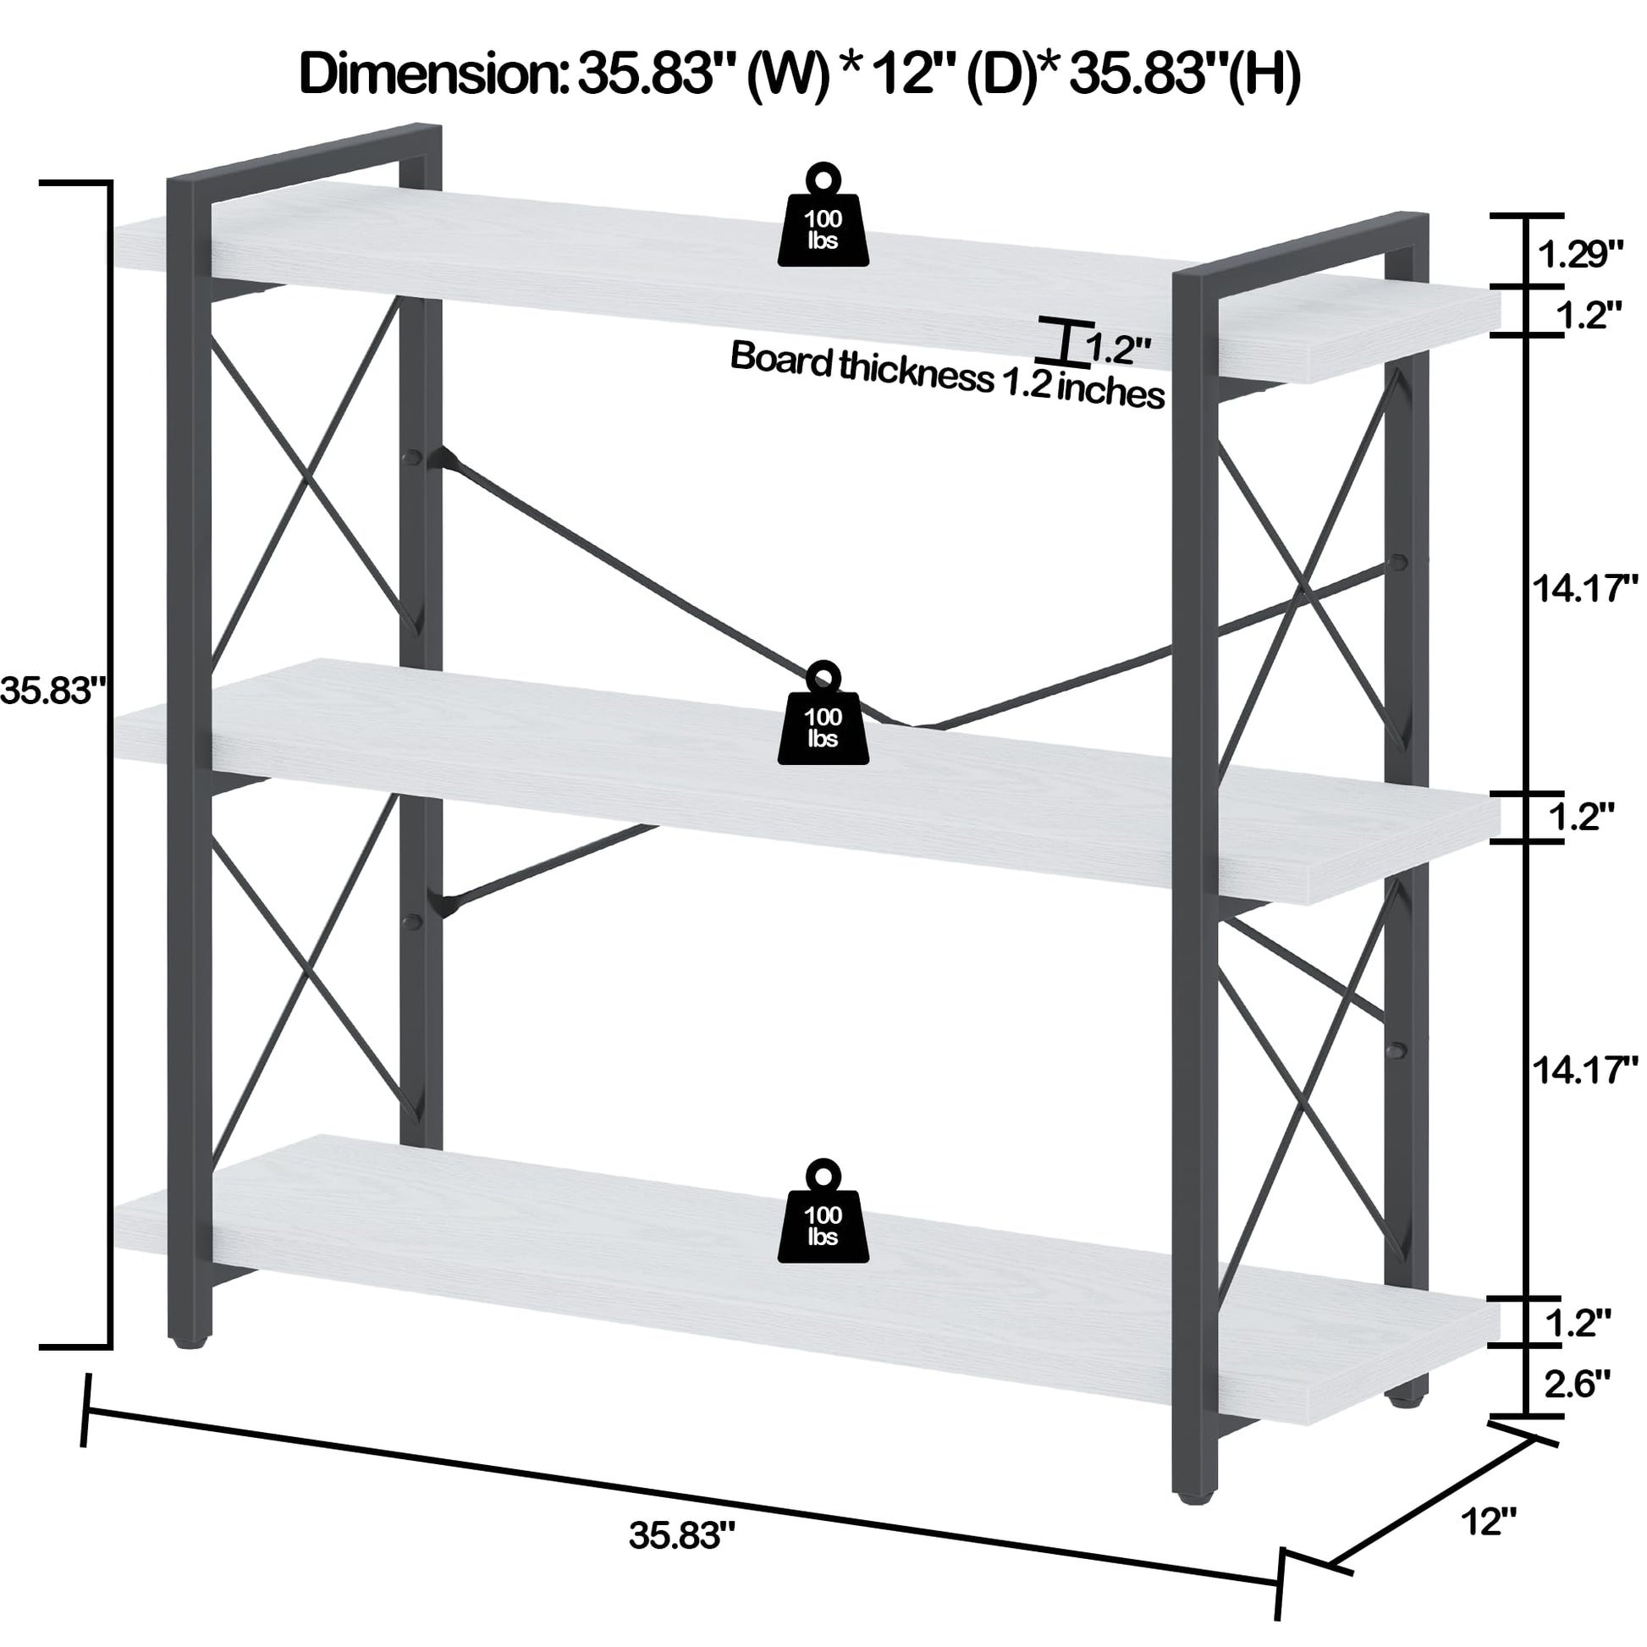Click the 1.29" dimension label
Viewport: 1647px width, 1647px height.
(x=1579, y=255)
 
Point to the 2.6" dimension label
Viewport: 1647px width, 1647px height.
(x=1578, y=1384)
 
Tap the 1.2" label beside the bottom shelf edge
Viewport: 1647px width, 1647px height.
(x=1579, y=1323)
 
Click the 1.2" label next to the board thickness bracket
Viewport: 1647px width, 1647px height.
(x=1119, y=349)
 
